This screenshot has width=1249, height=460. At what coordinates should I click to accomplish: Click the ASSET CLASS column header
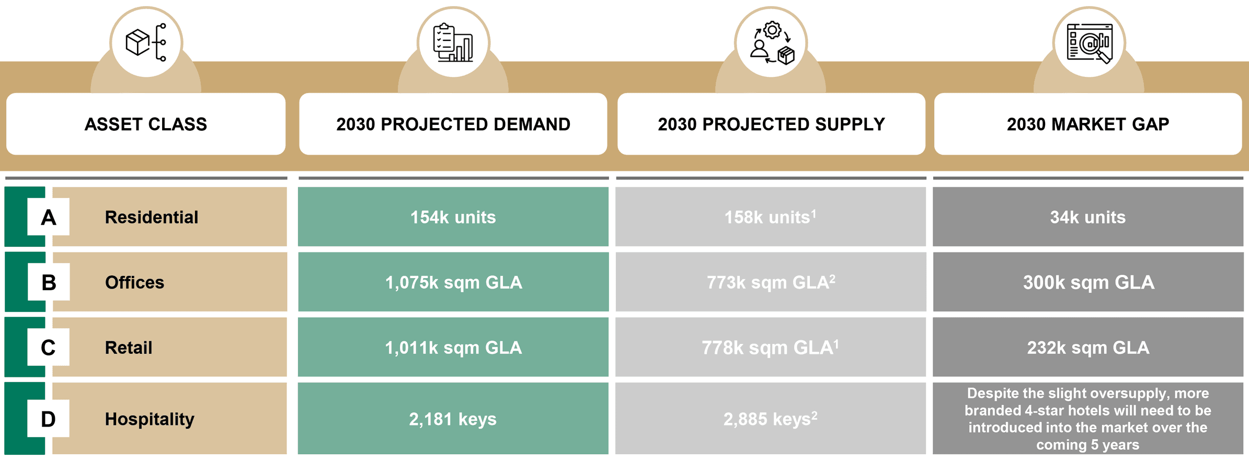146,124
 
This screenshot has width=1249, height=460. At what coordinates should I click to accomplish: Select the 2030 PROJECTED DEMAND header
453,124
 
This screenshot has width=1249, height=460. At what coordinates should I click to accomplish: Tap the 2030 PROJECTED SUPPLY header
771,124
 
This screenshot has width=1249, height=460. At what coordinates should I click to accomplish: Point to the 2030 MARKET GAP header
1088,124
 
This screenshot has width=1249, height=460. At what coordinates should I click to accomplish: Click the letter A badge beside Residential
49,217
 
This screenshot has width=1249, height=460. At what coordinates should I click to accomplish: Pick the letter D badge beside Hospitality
49,419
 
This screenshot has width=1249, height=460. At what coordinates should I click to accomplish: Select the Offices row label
134,282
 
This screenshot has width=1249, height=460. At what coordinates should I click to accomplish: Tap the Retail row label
129,348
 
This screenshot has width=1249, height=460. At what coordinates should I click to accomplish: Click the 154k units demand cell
453,217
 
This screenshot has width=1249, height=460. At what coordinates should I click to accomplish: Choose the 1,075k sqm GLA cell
453,282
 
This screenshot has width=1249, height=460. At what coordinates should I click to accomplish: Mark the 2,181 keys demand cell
453,418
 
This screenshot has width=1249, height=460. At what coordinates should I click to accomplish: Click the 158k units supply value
770,217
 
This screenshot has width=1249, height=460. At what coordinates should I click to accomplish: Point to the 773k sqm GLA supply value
771,282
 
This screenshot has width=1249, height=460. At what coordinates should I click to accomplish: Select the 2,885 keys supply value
771,419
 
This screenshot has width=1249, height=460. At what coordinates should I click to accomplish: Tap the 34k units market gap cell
1088,217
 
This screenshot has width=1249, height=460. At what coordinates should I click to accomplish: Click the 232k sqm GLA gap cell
1088,348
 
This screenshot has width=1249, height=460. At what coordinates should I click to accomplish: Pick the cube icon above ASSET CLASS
138,42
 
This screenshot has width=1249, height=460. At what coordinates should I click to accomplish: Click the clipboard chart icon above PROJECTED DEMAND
453,42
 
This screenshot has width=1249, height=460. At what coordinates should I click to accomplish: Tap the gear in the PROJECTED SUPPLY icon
772,30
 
